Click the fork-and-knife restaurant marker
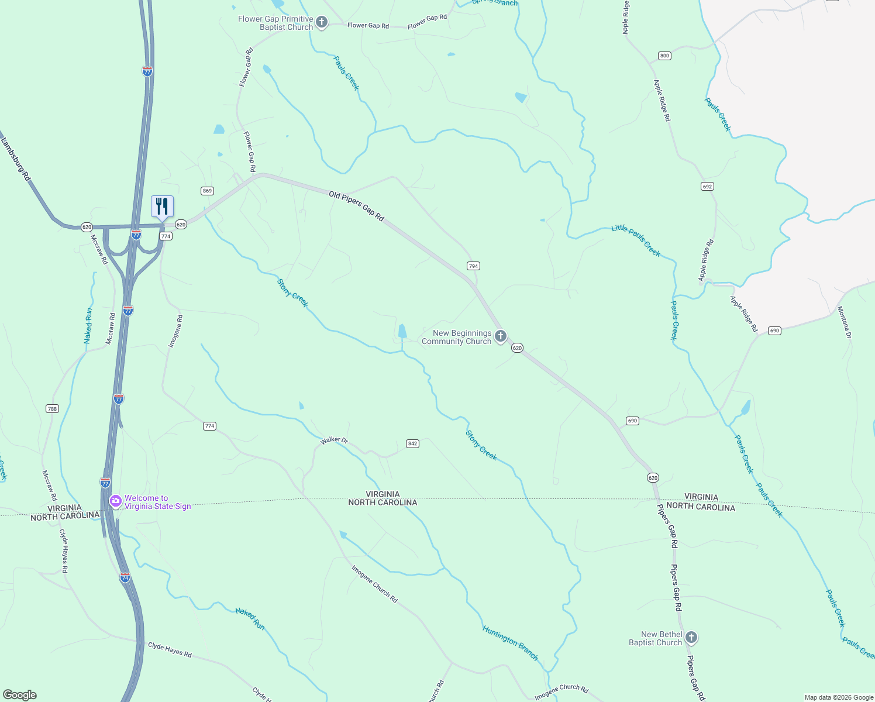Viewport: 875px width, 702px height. click(162, 207)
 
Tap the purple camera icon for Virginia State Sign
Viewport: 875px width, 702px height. click(116, 501)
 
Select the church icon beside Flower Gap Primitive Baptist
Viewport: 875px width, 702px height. click(321, 23)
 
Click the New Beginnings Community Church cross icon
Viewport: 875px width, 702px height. click(500, 336)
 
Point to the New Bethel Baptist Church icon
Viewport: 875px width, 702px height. click(691, 638)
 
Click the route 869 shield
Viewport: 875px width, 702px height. click(207, 191)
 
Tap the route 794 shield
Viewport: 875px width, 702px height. click(473, 266)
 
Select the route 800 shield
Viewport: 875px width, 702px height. click(664, 56)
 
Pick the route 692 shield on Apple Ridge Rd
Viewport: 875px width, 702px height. click(707, 187)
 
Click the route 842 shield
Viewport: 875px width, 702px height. click(412, 443)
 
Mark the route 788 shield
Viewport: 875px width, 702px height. click(52, 408)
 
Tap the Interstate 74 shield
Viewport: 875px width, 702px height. click(125, 577)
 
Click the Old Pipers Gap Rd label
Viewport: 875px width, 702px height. click(356, 206)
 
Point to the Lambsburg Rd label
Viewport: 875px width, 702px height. click(15, 159)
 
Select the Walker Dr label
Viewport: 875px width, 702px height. click(334, 440)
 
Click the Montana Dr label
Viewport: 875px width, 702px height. click(844, 322)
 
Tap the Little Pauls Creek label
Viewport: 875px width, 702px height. click(636, 240)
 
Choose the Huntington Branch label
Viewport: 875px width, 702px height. click(510, 643)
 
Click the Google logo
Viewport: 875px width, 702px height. click(20, 695)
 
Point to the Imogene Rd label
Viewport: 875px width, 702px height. click(175, 332)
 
